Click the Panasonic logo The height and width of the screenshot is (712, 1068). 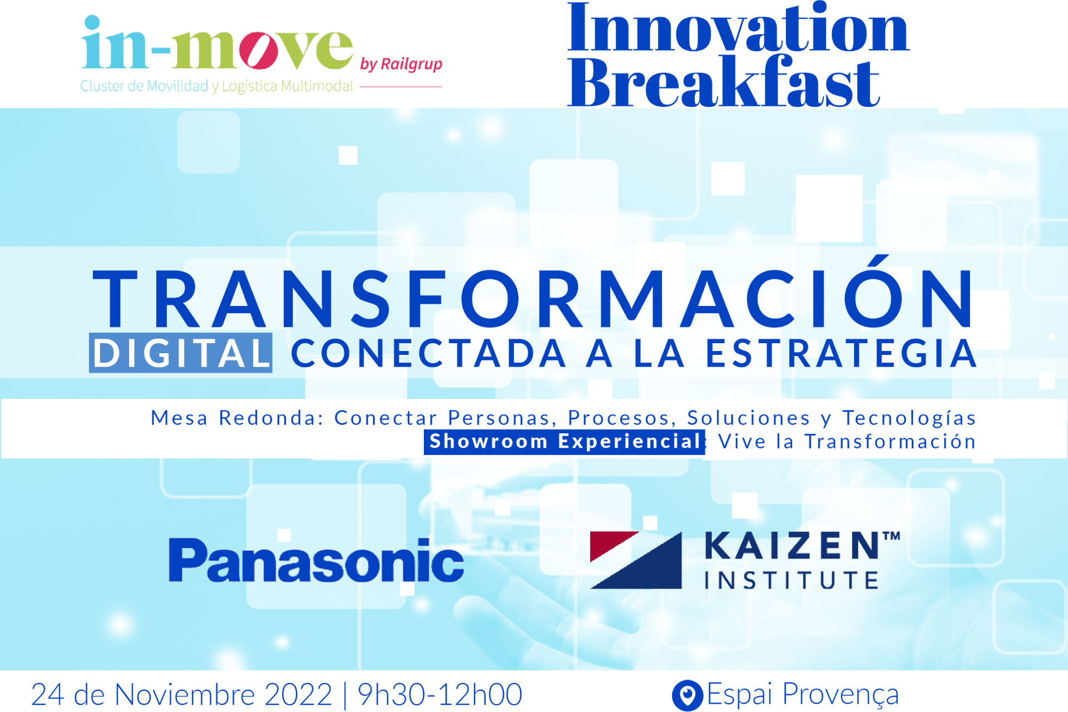(x=316, y=561)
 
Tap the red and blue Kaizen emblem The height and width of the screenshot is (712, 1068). (x=636, y=560)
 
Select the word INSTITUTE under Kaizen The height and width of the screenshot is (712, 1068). (x=792, y=580)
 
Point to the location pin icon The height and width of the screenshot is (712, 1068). (x=688, y=695)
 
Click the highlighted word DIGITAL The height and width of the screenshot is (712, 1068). (x=181, y=353)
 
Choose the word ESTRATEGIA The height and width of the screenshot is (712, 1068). (x=841, y=353)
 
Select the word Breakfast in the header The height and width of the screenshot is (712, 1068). (x=723, y=82)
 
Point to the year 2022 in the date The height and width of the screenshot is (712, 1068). (x=298, y=694)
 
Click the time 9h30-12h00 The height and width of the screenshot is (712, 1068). (x=439, y=694)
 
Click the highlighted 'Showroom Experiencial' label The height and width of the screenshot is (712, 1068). (x=564, y=442)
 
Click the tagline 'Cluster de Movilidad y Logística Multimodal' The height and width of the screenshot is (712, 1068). (x=216, y=86)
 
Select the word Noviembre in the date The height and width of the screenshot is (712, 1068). (x=185, y=694)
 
